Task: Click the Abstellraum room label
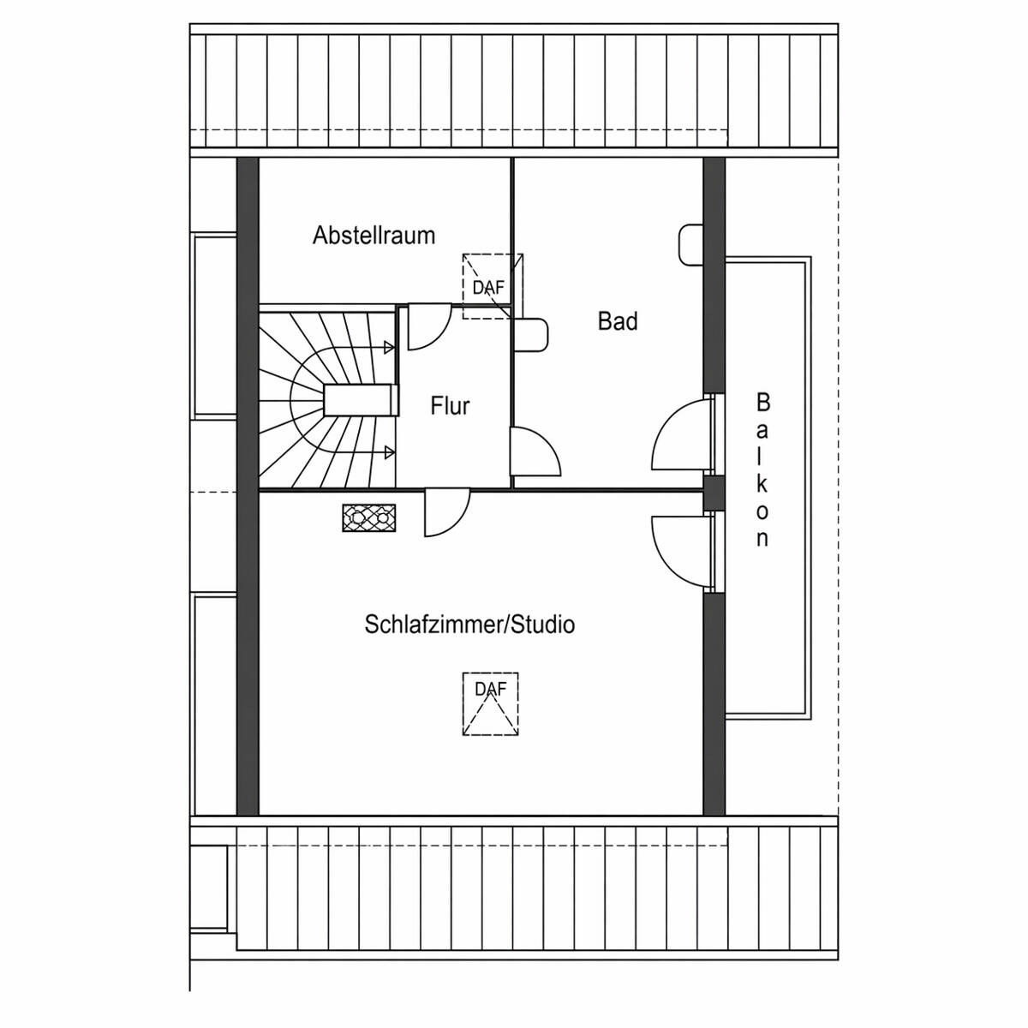(374, 235)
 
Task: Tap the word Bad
(618, 321)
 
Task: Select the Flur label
(450, 405)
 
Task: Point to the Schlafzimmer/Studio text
(469, 624)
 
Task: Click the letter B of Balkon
(762, 402)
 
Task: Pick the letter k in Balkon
(762, 483)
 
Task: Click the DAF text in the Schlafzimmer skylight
(491, 689)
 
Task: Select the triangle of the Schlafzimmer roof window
(491, 716)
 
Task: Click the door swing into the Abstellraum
(427, 327)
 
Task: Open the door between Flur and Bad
(533, 451)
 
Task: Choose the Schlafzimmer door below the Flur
(445, 511)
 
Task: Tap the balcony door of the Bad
(682, 437)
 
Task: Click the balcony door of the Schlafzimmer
(682, 550)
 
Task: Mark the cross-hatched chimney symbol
(369, 517)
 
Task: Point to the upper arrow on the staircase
(388, 347)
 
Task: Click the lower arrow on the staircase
(388, 451)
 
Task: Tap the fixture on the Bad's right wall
(690, 244)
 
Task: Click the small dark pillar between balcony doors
(714, 493)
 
